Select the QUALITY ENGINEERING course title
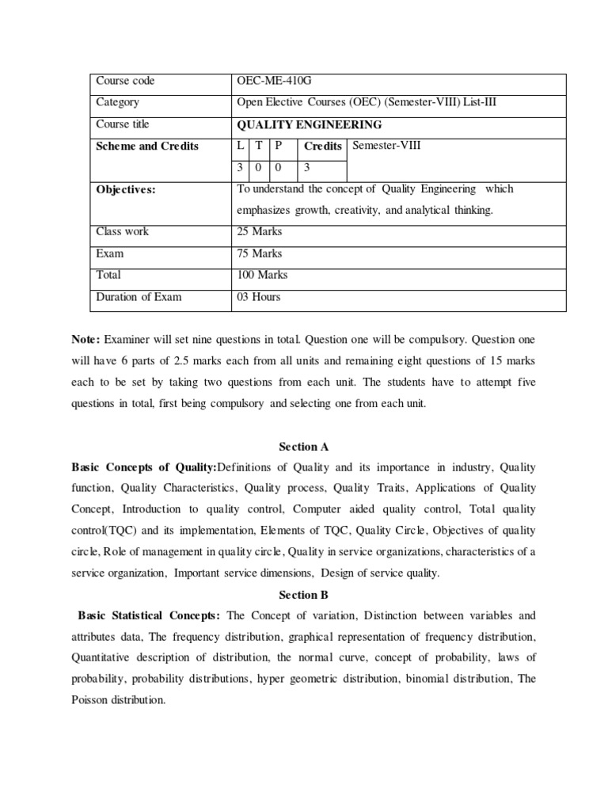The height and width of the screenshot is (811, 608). click(310, 124)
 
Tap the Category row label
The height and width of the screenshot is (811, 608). click(117, 102)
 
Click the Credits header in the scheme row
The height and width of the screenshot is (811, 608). click(323, 146)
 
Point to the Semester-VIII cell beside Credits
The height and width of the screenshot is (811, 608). click(387, 145)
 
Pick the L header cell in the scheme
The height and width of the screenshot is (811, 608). click(241, 146)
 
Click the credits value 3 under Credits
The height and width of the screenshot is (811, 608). click(308, 168)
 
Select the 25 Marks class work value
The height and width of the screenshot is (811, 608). click(260, 231)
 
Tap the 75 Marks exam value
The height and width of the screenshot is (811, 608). click(260, 253)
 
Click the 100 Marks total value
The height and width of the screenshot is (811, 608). click(262, 275)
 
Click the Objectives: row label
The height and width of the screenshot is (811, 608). click(126, 189)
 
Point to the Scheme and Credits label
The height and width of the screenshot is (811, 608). click(147, 147)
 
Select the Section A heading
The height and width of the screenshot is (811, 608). click(303, 447)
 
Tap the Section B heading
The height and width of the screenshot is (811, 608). click(303, 594)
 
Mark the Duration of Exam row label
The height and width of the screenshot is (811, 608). click(139, 297)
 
